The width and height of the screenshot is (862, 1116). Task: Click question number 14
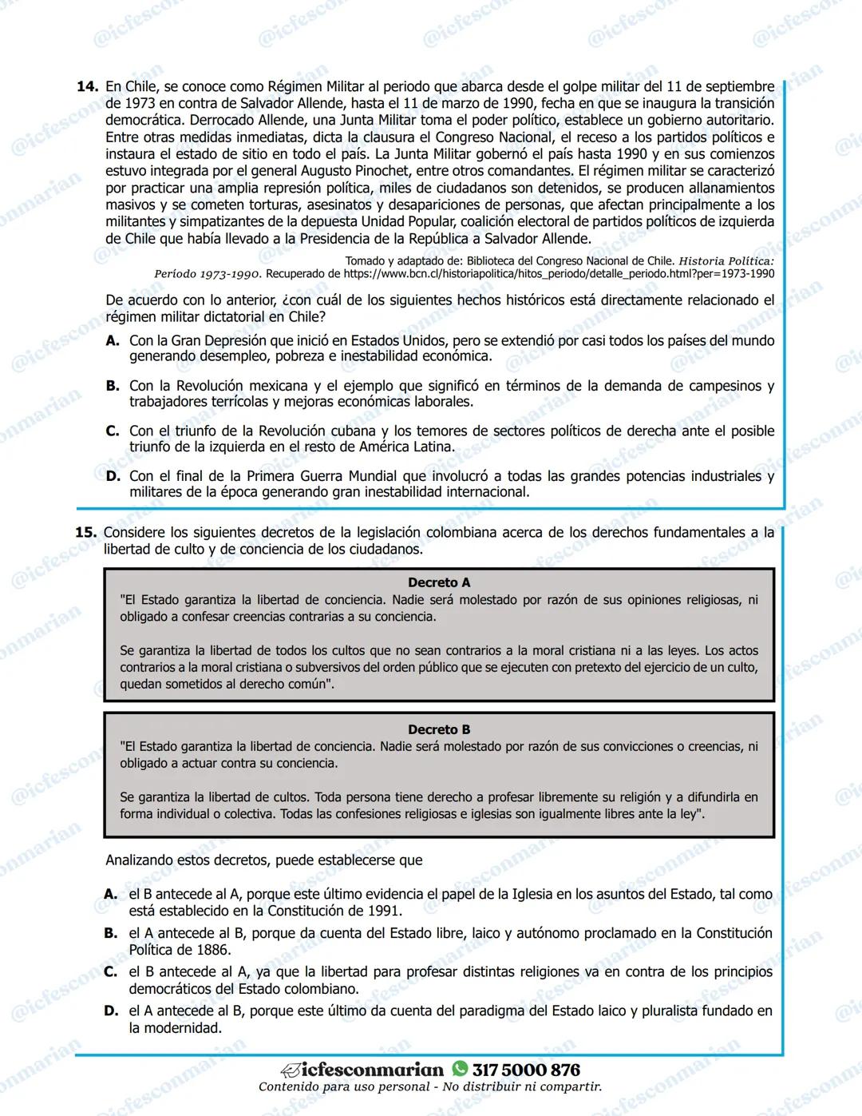coord(86,86)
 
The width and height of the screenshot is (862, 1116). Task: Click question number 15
coord(85,533)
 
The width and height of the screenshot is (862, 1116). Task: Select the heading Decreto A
coord(439,582)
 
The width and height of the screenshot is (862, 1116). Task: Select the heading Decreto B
coord(439,729)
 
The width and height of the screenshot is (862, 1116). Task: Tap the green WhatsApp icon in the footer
coord(460,1069)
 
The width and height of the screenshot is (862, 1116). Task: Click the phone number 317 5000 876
coord(526,1070)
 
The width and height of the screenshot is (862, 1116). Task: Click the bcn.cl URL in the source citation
coord(559,274)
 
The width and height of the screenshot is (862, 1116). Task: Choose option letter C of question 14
coord(113,431)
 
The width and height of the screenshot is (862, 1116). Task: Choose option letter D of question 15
coord(112,1011)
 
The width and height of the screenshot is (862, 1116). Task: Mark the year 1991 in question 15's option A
coord(386,911)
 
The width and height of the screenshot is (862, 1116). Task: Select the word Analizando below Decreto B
coord(140,860)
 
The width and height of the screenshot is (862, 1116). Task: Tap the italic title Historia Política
coord(726,261)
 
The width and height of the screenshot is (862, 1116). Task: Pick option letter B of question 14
coord(113,386)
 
